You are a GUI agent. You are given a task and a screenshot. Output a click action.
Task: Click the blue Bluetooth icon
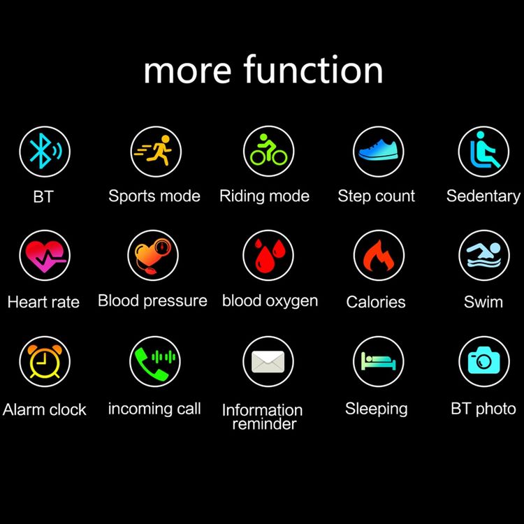click(x=45, y=152)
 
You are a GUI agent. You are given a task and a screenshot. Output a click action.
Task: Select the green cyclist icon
click(x=269, y=150)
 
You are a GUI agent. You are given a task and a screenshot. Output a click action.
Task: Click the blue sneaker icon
click(x=379, y=150)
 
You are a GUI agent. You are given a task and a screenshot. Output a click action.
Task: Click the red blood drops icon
click(x=269, y=256)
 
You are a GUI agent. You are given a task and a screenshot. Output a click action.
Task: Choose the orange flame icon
click(x=379, y=256)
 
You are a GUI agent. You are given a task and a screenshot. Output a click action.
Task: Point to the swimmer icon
click(x=484, y=255)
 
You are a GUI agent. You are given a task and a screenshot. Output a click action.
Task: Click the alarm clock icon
click(x=45, y=362)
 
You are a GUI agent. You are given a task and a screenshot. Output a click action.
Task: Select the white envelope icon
click(x=268, y=362)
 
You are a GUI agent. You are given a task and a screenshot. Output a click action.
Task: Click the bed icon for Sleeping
click(x=378, y=361)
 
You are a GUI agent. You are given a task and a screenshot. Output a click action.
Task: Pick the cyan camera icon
click(x=484, y=361)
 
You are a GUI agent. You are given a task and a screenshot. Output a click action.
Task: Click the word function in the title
click(x=313, y=69)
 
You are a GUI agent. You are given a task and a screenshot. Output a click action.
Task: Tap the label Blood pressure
click(x=152, y=300)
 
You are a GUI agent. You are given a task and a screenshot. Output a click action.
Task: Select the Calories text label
click(x=376, y=302)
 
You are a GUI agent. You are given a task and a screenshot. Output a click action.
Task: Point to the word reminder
click(x=264, y=424)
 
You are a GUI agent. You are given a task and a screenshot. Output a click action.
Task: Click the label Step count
click(x=377, y=196)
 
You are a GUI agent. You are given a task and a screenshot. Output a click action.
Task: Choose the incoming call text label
click(x=154, y=409)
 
